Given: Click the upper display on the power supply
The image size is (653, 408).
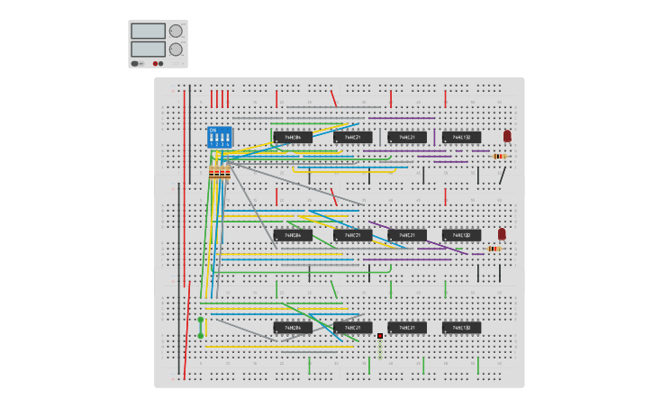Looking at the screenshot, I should pyautogui.click(x=148, y=31).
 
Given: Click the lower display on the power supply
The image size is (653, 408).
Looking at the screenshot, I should pyautogui.click(x=148, y=49).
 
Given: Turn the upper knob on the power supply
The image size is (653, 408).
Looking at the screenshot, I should pyautogui.click(x=176, y=31).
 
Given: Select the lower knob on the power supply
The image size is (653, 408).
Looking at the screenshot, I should pyautogui.click(x=176, y=50).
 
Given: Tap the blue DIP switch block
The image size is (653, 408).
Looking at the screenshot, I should pyautogui.click(x=220, y=137).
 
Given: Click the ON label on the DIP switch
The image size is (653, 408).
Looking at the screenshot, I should pyautogui.click(x=213, y=130).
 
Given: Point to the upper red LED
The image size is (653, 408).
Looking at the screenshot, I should pyautogui.click(x=507, y=136).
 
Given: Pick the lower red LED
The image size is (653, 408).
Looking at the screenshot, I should pyautogui.click(x=502, y=233).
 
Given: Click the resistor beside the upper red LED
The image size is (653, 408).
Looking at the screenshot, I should pyautogui.click(x=499, y=156).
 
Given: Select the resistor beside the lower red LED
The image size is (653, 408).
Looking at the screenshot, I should pyautogui.click(x=494, y=249).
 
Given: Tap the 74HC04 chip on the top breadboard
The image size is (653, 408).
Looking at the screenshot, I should pyautogui.click(x=293, y=137).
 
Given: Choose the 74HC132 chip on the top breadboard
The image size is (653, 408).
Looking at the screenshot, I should pyautogui.click(x=462, y=137).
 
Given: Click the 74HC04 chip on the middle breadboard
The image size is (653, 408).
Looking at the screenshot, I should pyautogui.click(x=293, y=235).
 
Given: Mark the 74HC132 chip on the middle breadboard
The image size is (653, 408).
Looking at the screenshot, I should pyautogui.click(x=462, y=235).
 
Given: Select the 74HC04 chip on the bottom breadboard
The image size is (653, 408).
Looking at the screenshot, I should pyautogui.click(x=293, y=328).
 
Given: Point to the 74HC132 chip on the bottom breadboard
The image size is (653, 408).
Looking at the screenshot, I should pyautogui.click(x=462, y=328).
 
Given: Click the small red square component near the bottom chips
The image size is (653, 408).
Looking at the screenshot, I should pyautogui.click(x=380, y=336).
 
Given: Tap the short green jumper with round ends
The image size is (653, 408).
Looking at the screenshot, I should pyautogui.click(x=200, y=327).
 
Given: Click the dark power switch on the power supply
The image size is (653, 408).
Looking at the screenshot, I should pyautogui.click(x=135, y=63).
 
